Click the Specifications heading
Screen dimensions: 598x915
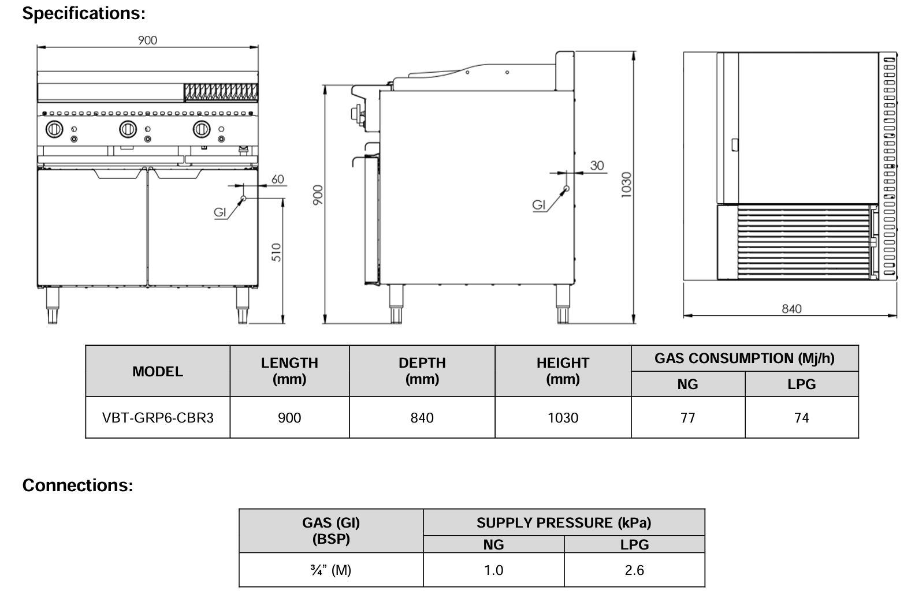(x=84, y=13)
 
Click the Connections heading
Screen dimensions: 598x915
(x=77, y=485)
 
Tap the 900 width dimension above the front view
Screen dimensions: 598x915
(x=147, y=40)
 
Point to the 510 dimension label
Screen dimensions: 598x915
(x=276, y=252)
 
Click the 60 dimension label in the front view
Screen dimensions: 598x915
(x=278, y=179)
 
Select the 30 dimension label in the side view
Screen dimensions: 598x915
(x=597, y=166)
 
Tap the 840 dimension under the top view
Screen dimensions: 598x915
(x=791, y=309)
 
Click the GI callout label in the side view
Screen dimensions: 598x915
(x=538, y=205)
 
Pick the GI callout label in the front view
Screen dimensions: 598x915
(x=220, y=212)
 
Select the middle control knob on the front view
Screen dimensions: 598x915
(x=128, y=129)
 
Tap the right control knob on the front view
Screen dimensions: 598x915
(x=202, y=129)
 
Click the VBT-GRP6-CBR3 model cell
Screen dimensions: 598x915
(x=158, y=417)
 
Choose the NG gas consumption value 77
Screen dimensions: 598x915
(x=687, y=417)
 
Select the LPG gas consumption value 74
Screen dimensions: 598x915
(x=801, y=417)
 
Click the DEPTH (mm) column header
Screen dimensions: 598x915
(x=422, y=371)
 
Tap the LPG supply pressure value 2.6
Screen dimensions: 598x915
(x=634, y=570)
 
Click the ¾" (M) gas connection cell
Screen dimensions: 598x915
(x=330, y=570)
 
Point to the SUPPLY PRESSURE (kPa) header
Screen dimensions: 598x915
(x=563, y=523)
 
